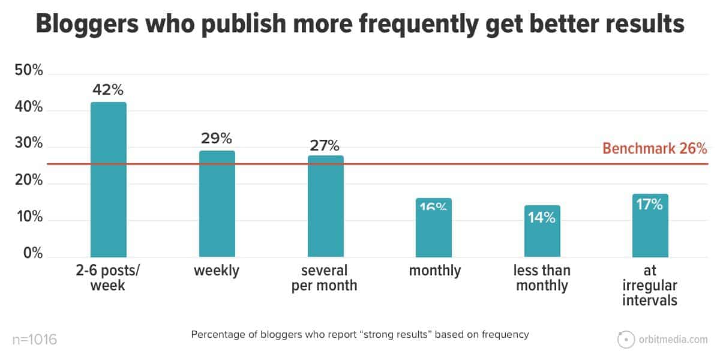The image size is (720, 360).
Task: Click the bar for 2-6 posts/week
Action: point(108,180)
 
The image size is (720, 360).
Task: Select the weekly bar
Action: point(217,204)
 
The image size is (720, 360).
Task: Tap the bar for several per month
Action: point(325,206)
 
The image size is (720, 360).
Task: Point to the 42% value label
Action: point(108,90)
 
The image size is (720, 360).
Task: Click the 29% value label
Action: point(217,139)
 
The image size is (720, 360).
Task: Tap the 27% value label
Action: point(325,145)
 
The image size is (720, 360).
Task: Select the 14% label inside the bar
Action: point(542,217)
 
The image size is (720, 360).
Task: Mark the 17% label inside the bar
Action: point(650,205)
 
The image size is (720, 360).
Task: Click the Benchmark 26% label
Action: point(655,148)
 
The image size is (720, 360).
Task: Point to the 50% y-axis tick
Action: point(29,71)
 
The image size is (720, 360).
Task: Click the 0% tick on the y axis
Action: point(32,254)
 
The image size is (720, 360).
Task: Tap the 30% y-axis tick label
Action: point(29,144)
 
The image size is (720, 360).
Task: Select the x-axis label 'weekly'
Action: point(217,271)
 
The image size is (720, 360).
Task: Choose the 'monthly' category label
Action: point(435,271)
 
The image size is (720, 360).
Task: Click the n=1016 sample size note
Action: point(34,340)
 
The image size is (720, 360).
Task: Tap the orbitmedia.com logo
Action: point(663,340)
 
